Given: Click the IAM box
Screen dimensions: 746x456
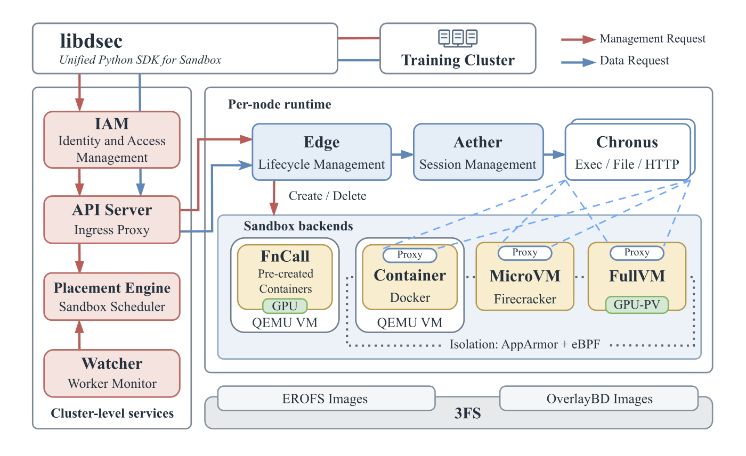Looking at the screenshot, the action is pos(112,140).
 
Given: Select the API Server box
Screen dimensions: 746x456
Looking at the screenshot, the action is pos(112,220).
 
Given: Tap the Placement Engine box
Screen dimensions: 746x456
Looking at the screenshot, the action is pos(112,297).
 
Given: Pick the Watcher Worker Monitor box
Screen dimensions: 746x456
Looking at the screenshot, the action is pos(112,373).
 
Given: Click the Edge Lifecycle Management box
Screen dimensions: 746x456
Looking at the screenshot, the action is pos(322,152).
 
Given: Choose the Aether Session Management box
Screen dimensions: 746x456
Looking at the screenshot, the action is pos(479,152).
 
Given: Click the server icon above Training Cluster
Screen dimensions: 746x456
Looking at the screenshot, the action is pos(458,37).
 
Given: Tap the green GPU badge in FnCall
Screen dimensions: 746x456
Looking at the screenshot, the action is pos(285,306).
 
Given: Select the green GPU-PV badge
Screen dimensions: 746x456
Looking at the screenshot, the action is pos(637,305).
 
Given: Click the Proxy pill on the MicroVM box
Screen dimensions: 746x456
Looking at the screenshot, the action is pos(525,253).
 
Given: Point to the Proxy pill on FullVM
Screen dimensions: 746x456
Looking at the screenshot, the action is pos(637,253).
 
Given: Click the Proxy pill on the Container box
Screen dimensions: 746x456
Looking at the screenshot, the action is pos(410,255).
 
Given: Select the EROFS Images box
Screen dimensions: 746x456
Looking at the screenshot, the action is pos(326,398).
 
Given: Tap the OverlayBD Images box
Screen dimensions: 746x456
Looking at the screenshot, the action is pos(599,398).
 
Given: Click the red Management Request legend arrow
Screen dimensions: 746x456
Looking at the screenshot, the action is pos(579,39).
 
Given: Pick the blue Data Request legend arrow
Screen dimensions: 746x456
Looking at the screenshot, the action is pos(579,62).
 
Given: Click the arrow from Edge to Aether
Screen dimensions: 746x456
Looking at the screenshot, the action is pos(402,154).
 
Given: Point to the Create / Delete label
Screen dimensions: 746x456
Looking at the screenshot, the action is pos(327,196).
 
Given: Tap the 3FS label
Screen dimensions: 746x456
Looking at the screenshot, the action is pos(468,413).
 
